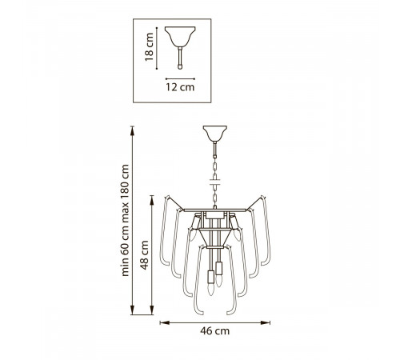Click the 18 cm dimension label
coord(149,47)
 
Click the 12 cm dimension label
coord(180,87)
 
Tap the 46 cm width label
coord(214,331)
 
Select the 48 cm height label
coord(144,255)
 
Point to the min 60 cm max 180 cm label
coord(125,220)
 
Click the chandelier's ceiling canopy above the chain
coord(215,134)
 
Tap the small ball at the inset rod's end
coord(180,67)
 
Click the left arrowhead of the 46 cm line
coord(164,322)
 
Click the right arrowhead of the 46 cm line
coord(266,322)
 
